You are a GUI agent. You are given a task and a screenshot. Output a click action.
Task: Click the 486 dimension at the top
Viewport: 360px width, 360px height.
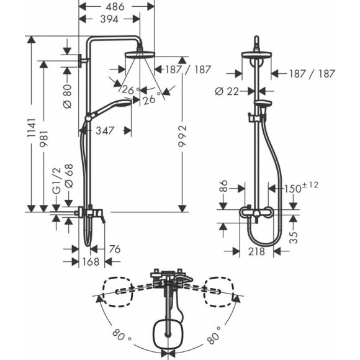[x=115, y=7]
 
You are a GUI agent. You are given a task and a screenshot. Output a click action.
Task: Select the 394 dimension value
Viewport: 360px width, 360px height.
[x=109, y=19]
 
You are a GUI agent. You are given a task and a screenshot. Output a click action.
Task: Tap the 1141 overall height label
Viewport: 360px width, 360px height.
[x=31, y=128]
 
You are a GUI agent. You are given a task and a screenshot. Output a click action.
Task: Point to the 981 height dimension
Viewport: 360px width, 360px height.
[x=43, y=139]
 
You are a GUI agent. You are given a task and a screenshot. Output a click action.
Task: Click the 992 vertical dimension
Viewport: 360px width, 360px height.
[x=182, y=136]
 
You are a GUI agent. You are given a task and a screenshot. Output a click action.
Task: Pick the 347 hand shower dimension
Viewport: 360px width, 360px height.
[x=105, y=130]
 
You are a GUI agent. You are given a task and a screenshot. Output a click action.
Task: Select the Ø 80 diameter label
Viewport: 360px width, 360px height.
[x=67, y=96]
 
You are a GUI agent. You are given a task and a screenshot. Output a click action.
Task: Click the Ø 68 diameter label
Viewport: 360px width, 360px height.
[x=68, y=176]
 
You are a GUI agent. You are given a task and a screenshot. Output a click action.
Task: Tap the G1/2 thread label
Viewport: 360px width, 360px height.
[x=56, y=181]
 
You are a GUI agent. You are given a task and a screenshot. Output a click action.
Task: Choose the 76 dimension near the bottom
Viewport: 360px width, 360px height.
[x=115, y=249]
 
